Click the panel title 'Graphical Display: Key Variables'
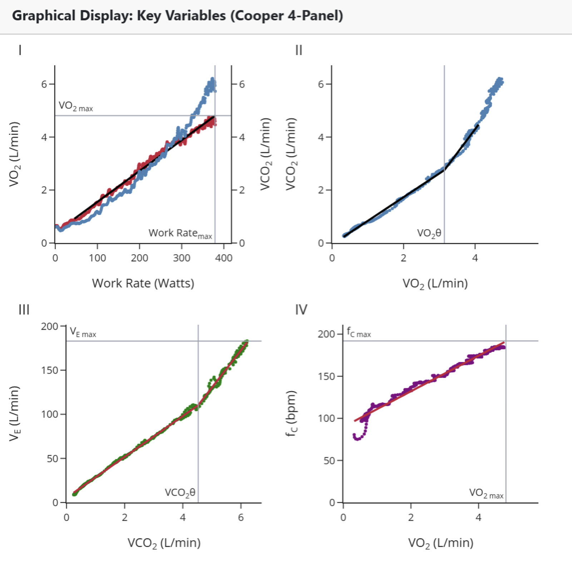coord(177,16)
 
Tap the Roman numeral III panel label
coord(24,310)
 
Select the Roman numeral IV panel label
coord(301,310)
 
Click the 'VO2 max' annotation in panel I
coord(76,106)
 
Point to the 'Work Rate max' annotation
coord(180,233)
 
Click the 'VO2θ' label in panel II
coord(429,233)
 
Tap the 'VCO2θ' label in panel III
coord(180,493)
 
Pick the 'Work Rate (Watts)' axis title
coord(143,283)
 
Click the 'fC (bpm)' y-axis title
coord(291,413)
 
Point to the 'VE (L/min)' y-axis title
coord(14,413)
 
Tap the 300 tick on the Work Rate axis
coord(182,258)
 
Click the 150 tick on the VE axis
coord(49,370)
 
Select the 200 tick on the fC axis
coord(326,334)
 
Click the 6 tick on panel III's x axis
coord(241,517)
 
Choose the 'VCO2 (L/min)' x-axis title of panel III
coord(164,543)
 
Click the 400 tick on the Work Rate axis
coord(224,258)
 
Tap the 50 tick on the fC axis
coord(329,461)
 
